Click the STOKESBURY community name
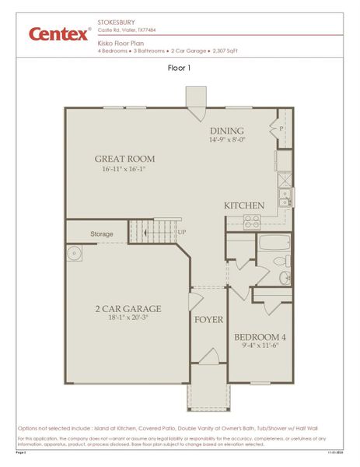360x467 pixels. click(115, 23)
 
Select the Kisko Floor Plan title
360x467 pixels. click(120, 44)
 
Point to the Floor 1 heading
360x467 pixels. click(180, 68)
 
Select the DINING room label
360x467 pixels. click(227, 131)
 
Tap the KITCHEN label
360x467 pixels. click(245, 205)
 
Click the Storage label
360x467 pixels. click(102, 233)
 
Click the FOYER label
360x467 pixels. click(208, 320)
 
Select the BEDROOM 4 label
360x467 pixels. click(260, 337)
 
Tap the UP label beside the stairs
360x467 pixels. click(182, 233)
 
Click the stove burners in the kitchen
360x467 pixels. click(251, 223)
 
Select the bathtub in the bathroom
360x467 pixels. click(274, 243)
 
